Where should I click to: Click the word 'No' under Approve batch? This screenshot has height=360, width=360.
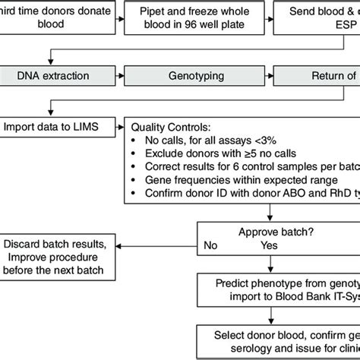tap(210, 245)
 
